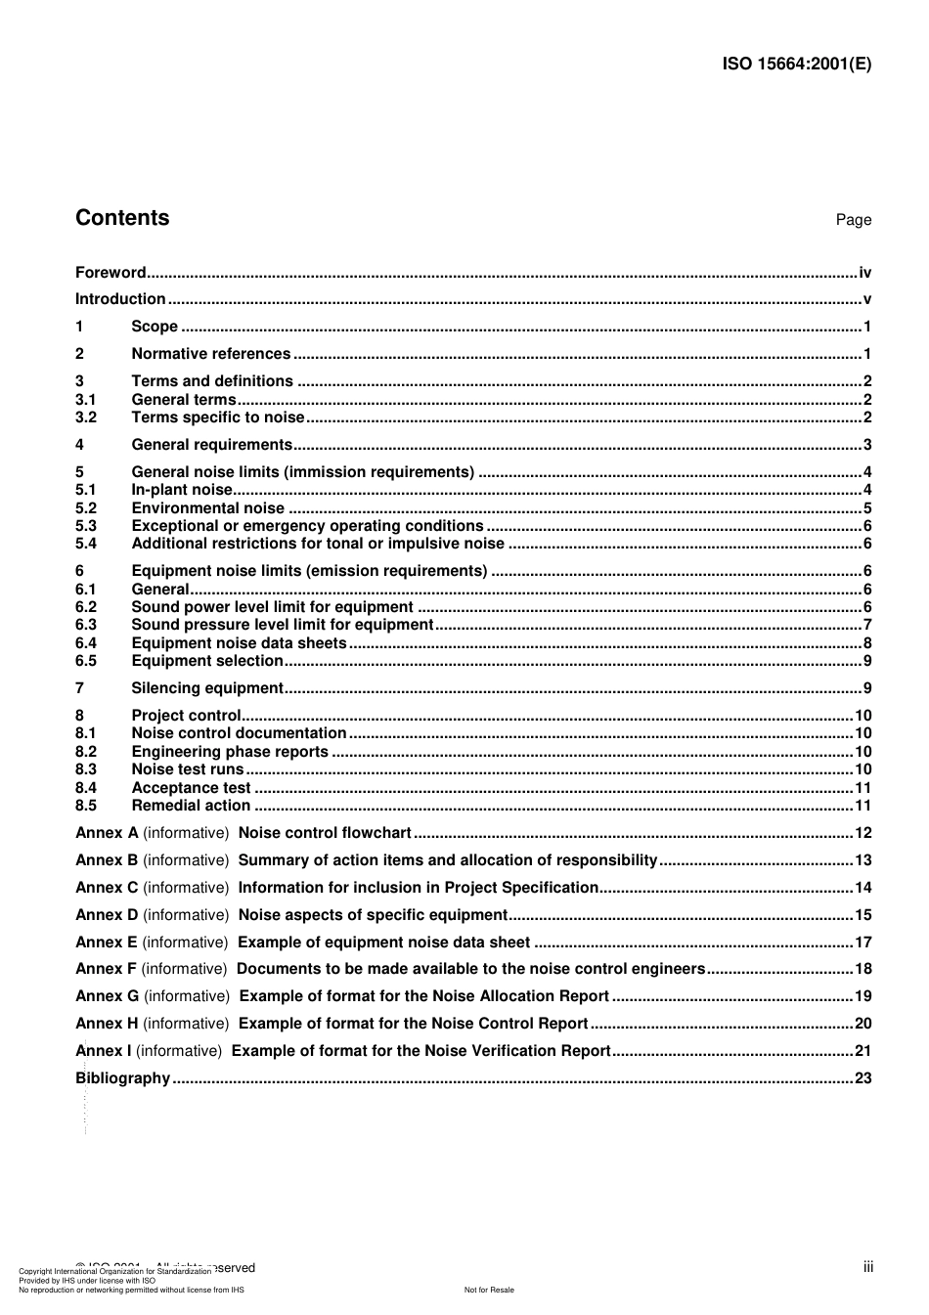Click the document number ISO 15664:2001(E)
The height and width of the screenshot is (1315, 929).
click(796, 65)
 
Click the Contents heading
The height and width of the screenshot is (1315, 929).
click(122, 218)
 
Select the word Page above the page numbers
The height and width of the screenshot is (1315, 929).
click(853, 220)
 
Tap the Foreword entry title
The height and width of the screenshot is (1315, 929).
click(111, 273)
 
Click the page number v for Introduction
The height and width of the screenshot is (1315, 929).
click(866, 299)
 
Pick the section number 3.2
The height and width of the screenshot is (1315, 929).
click(86, 417)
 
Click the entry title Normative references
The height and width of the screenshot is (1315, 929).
click(210, 354)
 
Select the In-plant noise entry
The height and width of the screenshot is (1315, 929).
click(182, 490)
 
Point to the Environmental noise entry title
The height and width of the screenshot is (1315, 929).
click(207, 508)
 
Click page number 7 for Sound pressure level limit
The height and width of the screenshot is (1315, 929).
click(866, 625)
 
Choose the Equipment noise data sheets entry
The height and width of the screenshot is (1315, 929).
click(239, 643)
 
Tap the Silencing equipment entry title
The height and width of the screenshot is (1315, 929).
click(207, 688)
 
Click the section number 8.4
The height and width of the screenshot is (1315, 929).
click(86, 788)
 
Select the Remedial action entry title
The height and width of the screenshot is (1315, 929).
click(191, 806)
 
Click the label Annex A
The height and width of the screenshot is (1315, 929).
click(107, 833)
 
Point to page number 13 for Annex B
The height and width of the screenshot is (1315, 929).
click(863, 860)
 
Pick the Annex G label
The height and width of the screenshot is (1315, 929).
click(108, 996)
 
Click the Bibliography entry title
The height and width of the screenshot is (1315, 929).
click(123, 1078)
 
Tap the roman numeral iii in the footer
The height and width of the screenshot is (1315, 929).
click(867, 1267)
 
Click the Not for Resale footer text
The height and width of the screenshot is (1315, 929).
click(489, 1290)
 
